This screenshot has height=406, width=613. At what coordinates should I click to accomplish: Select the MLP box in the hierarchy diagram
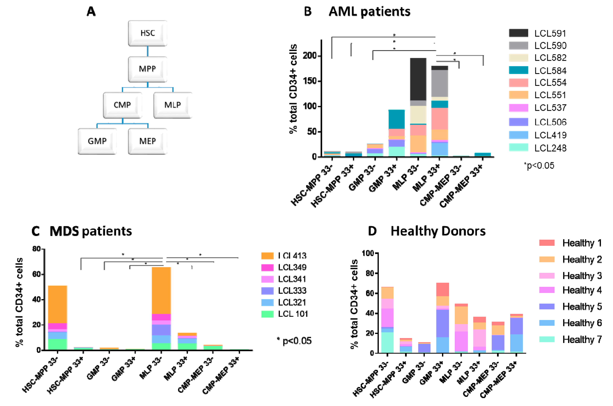click(173, 105)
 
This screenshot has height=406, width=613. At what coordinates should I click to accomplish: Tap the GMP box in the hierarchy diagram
click(97, 141)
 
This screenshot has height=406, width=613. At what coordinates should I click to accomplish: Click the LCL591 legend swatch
click(518, 33)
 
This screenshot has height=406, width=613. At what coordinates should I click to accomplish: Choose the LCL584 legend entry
click(550, 70)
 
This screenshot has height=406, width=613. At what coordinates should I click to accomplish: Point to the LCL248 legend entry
click(550, 148)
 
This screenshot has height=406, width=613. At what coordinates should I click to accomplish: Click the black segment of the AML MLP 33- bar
click(418, 79)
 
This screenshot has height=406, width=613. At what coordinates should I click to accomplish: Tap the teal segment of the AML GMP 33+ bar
click(396, 119)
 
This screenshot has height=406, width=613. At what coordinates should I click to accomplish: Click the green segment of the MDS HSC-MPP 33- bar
click(58, 344)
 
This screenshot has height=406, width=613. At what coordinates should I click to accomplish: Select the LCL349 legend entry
click(292, 267)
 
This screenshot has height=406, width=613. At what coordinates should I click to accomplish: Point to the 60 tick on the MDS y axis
click(36, 274)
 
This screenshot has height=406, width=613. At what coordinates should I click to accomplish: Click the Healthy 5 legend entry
click(582, 307)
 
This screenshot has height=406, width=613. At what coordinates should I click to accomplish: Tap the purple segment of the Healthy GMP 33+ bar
click(442, 323)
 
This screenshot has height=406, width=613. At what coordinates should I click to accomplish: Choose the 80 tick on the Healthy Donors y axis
click(368, 273)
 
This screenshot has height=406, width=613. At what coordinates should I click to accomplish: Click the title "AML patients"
click(369, 12)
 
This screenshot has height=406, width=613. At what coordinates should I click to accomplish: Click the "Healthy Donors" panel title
click(438, 231)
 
